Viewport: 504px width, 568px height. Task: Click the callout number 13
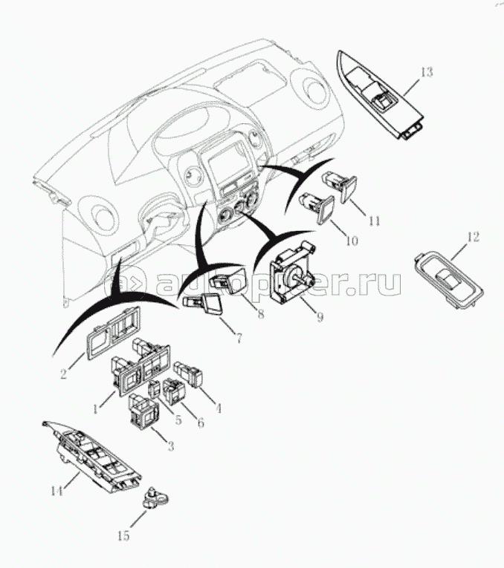point(425,72)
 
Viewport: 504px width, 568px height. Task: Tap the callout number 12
point(473,238)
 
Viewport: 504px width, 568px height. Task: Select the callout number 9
point(319,317)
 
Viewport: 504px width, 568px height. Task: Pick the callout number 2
point(64,375)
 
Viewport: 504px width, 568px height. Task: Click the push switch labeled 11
point(341,184)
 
